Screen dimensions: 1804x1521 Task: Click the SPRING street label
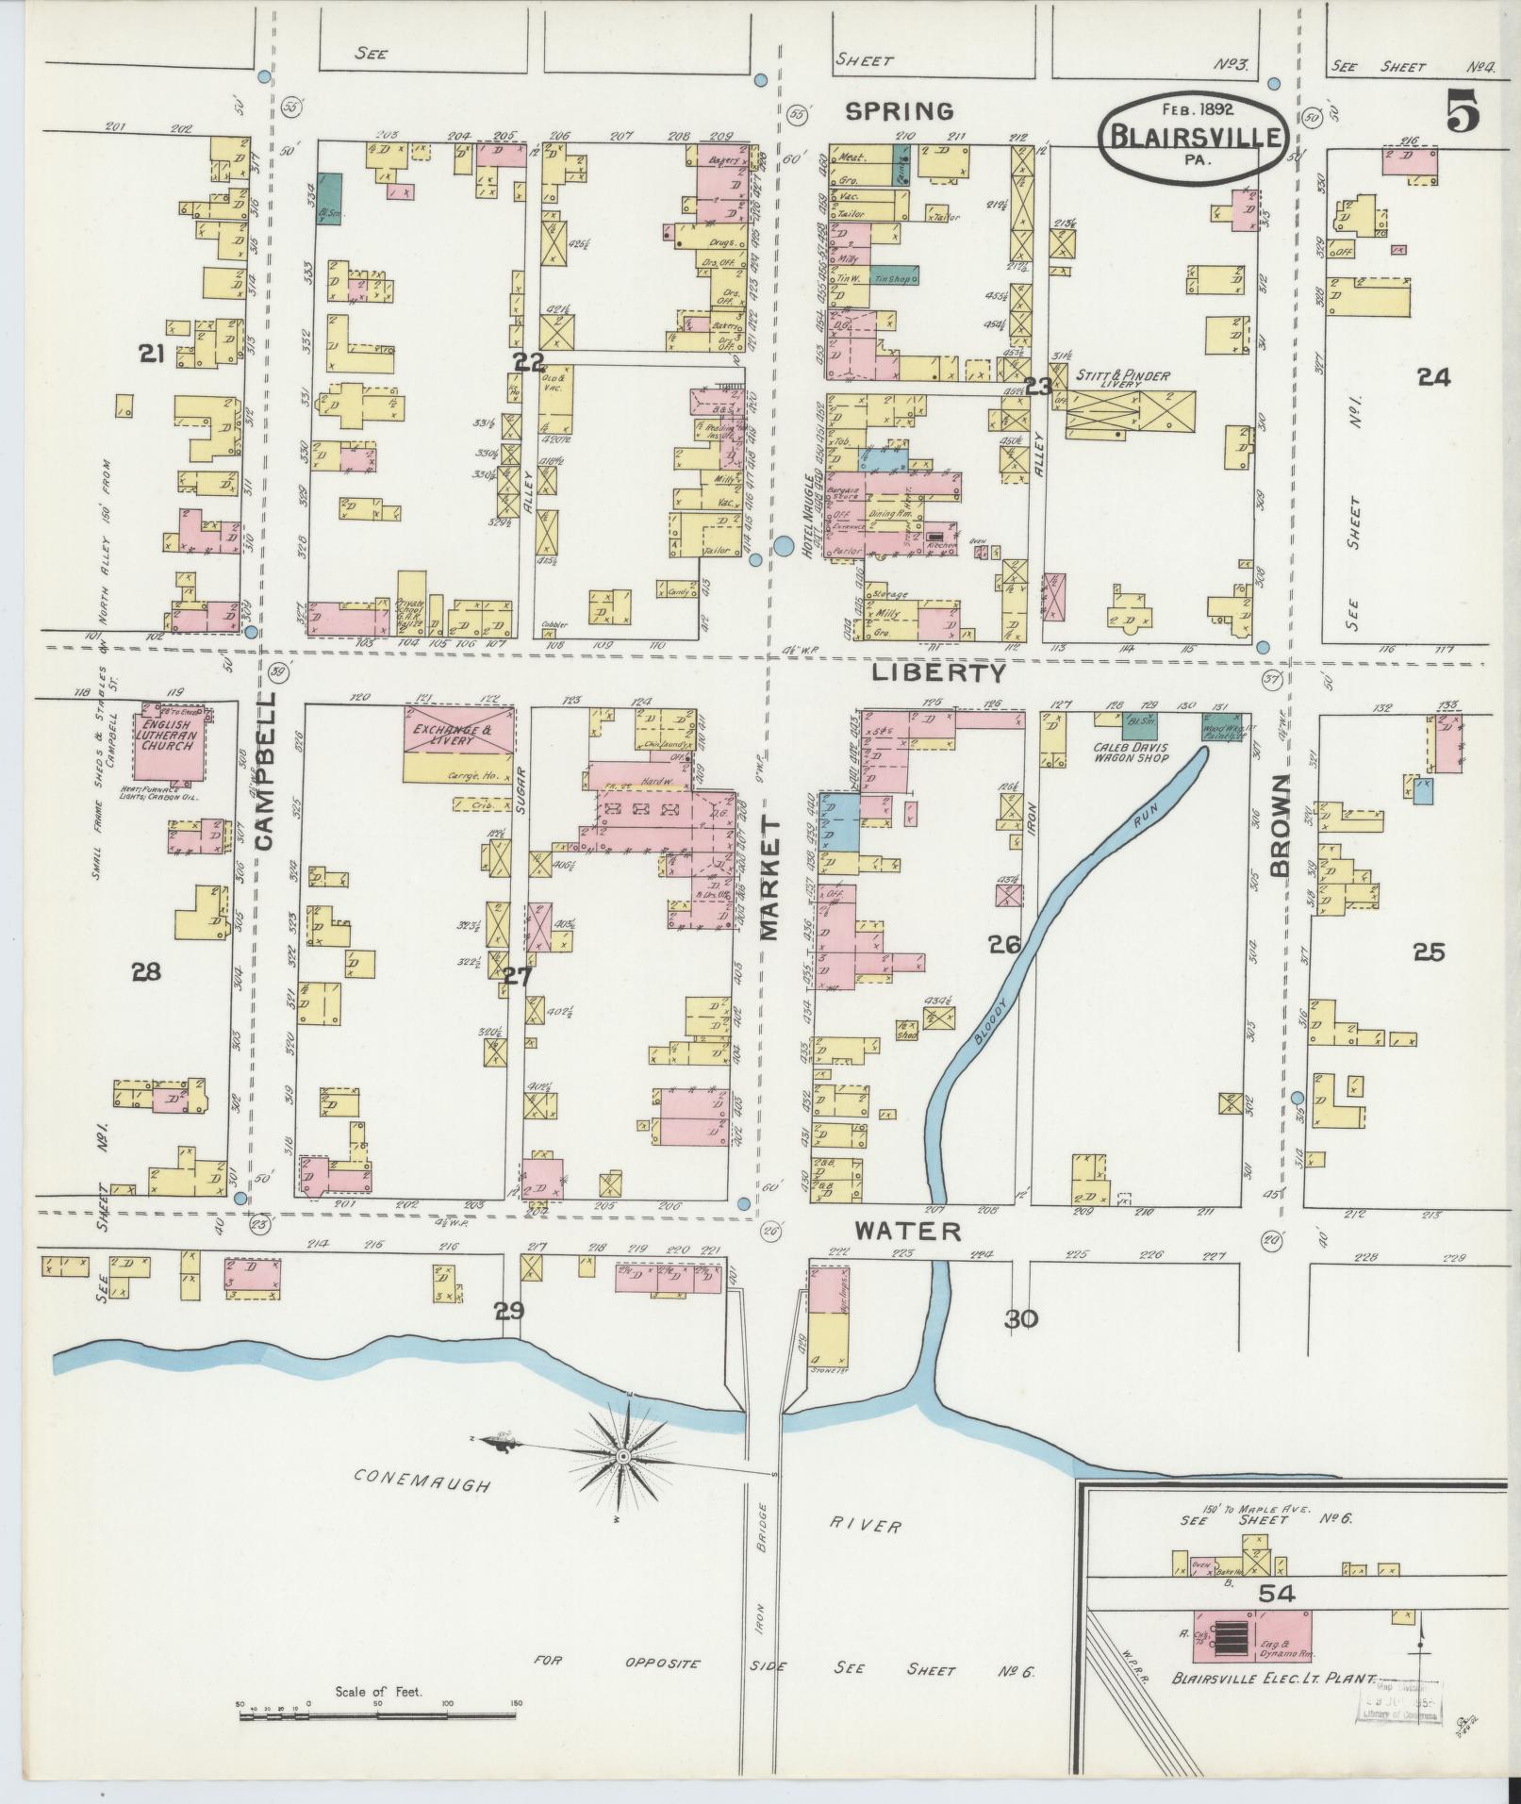tap(899, 111)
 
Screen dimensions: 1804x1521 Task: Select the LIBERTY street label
tap(938, 672)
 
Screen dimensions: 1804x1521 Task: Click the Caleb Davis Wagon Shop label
tap(1130, 752)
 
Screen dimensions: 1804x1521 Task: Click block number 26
tap(1004, 943)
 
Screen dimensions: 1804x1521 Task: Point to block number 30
tap(1020, 1319)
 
